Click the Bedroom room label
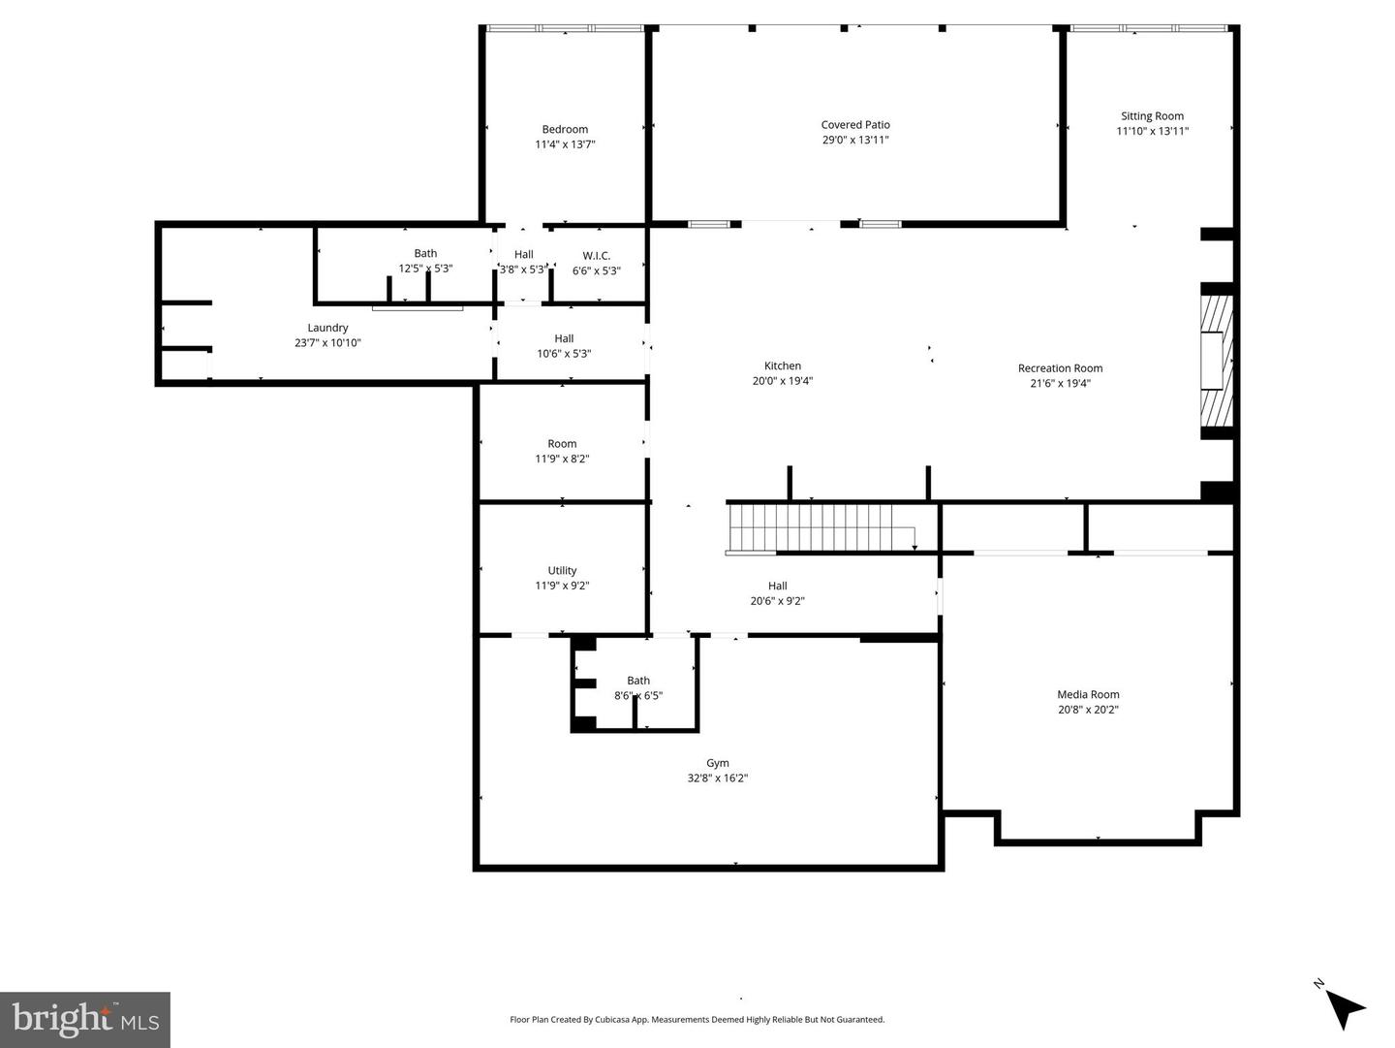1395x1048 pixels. point(565,130)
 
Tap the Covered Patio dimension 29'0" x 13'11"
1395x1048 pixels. point(855,140)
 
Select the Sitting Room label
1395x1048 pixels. point(1152,116)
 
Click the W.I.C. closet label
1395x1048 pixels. point(596,256)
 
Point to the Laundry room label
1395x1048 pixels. point(327,328)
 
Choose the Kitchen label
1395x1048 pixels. point(782,366)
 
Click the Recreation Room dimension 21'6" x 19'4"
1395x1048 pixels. point(1060,383)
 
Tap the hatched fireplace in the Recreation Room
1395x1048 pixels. point(1217,361)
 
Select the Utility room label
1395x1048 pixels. point(562,571)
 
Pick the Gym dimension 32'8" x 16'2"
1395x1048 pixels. point(717,778)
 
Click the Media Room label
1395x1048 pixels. point(1088,694)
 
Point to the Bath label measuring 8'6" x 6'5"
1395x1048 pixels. point(638,681)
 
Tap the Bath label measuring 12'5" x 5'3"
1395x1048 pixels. point(425,254)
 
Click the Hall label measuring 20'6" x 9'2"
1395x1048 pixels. point(777,586)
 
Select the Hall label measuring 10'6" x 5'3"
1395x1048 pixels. point(564,339)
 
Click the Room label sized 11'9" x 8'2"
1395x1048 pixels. point(562,444)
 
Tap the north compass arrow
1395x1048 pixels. point(1344,1007)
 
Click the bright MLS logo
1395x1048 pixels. point(85,1019)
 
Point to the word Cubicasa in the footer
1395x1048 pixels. point(613,1020)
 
